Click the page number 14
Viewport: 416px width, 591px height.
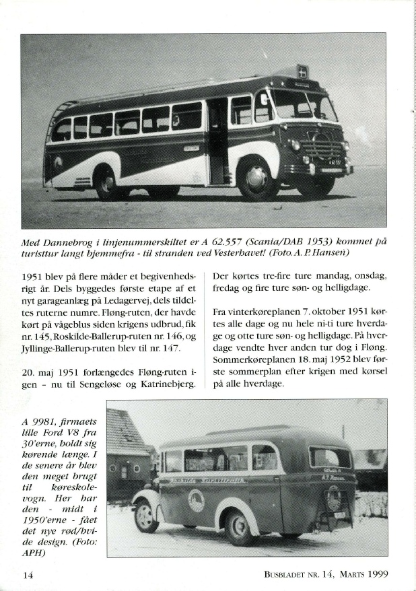click(28, 575)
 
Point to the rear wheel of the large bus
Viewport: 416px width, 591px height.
click(108, 183)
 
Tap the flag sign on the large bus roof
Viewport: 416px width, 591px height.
click(303, 73)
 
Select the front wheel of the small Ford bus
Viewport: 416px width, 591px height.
click(146, 516)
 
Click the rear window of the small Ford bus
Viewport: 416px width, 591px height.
click(329, 458)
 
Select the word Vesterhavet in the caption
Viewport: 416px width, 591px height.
click(211, 253)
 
